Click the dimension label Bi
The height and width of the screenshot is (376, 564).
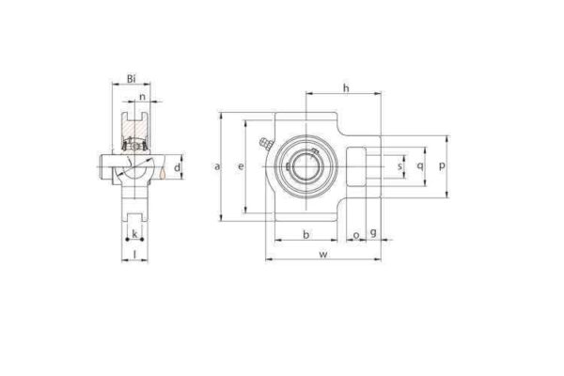[x=133, y=80]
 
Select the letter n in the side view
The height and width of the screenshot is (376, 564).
[x=142, y=96]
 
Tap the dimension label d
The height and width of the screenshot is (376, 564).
[x=177, y=165]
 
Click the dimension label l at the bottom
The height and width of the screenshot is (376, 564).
[x=134, y=254]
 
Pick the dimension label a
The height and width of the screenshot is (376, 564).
[x=217, y=166]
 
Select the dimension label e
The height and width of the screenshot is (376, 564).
[x=241, y=166]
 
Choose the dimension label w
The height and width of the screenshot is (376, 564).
[x=324, y=254]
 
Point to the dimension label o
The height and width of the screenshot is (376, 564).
[x=355, y=233]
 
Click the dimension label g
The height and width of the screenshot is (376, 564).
[x=374, y=232]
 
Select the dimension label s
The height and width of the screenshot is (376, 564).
[x=400, y=166]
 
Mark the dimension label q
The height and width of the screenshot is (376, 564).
[x=419, y=166]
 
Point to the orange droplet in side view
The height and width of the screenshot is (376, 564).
[x=163, y=172]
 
